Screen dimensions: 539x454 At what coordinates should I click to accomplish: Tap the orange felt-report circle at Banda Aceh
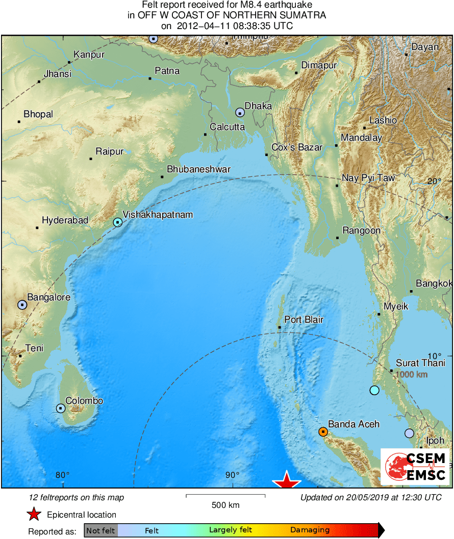click(x=323, y=432)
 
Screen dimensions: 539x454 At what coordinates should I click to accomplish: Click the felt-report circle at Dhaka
click(x=240, y=113)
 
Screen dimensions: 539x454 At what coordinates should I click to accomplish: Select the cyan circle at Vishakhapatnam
click(x=118, y=222)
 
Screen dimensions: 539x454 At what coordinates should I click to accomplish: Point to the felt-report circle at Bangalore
click(x=22, y=304)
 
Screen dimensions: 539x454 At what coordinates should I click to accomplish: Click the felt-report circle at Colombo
click(x=61, y=408)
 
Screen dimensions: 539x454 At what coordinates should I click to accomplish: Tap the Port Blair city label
click(x=304, y=320)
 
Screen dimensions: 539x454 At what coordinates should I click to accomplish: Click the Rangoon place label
click(x=361, y=230)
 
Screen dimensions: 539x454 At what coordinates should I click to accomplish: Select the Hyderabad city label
click(x=65, y=220)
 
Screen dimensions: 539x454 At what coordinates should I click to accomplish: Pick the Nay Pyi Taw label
click(x=368, y=178)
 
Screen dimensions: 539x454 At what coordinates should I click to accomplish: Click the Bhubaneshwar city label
click(x=199, y=169)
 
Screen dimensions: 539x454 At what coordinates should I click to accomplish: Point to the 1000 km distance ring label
click(x=412, y=374)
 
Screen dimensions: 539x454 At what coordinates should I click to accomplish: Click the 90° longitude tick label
click(x=232, y=475)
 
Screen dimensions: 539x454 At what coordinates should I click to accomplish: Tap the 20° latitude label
click(x=435, y=181)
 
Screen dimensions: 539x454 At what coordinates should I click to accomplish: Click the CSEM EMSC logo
click(x=416, y=467)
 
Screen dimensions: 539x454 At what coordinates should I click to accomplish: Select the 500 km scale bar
click(x=225, y=495)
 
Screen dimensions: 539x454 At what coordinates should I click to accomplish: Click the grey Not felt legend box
click(x=101, y=531)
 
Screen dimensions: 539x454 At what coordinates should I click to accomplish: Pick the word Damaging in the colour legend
click(x=310, y=530)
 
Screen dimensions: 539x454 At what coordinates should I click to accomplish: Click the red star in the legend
click(x=34, y=515)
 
